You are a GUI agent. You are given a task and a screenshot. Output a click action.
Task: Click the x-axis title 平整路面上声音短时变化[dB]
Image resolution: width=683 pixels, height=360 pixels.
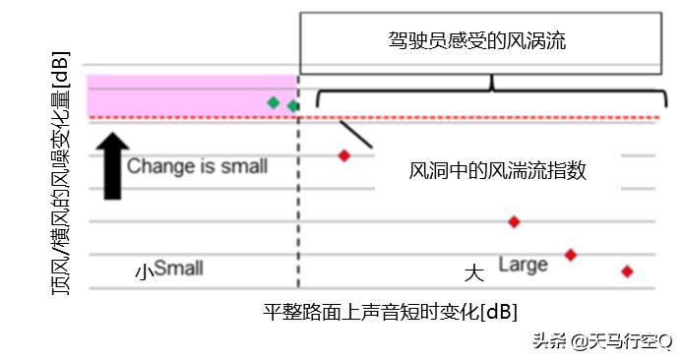[x=390, y=312]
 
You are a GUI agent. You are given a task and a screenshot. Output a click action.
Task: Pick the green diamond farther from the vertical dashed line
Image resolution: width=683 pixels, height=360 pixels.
[x=274, y=101]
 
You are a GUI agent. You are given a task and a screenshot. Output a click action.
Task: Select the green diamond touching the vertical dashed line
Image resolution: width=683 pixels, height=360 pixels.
[x=292, y=105]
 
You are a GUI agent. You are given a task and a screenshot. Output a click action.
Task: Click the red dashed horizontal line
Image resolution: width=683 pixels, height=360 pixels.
[x=472, y=118]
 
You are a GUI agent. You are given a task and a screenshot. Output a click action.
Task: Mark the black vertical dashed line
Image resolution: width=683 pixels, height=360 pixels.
[x=297, y=216]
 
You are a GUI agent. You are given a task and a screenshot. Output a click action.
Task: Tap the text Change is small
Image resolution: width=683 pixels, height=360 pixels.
[x=197, y=165]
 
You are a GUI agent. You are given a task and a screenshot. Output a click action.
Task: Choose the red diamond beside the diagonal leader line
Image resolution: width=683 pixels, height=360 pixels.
[x=344, y=155]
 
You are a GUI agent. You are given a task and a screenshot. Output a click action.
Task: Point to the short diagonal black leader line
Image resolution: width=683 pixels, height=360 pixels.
[x=355, y=134]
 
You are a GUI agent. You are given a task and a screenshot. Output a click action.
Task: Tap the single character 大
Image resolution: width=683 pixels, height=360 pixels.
[x=474, y=270]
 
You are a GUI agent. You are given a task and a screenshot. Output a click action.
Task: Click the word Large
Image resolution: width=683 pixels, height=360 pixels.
[x=523, y=265]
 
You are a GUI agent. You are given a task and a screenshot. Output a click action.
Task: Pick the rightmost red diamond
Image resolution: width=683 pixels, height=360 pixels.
[x=627, y=271]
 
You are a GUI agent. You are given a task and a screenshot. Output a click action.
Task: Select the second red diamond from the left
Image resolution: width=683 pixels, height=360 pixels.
[x=514, y=221]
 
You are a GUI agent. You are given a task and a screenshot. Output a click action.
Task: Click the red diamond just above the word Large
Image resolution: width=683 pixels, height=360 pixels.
[x=570, y=255]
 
